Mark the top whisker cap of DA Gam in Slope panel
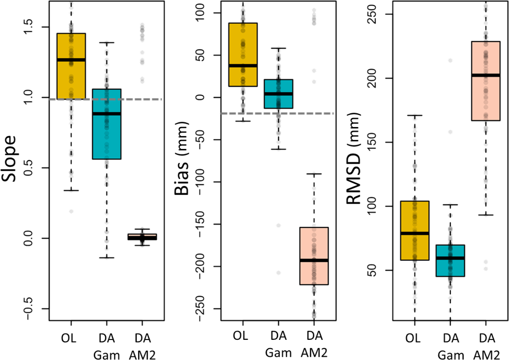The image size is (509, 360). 106,42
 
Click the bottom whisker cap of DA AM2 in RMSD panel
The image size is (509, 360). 486,215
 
